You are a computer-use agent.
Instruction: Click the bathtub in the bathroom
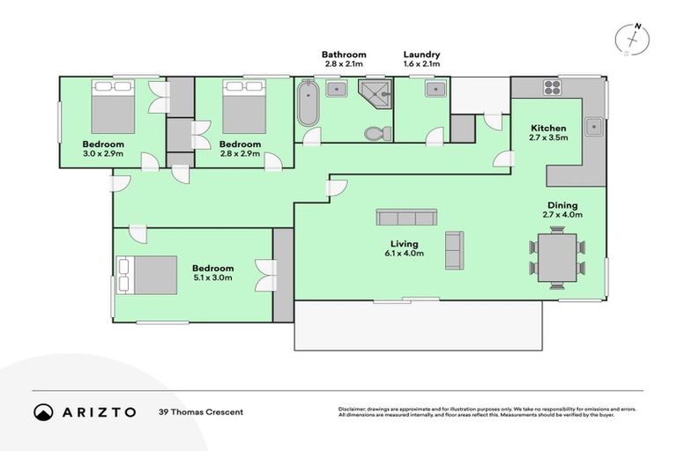pyautogui.click(x=309, y=105)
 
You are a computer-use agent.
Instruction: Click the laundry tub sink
pyautogui.click(x=435, y=89)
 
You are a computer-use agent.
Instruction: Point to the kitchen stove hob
pyautogui.click(x=553, y=86)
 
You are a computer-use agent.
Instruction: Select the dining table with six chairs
pyautogui.click(x=556, y=256)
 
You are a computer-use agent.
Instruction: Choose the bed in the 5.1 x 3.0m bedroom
pyautogui.click(x=139, y=274)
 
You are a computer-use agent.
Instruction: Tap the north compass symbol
pyautogui.click(x=632, y=40)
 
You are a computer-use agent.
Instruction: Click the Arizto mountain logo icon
pyautogui.click(x=43, y=411)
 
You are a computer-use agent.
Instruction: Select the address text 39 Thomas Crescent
pyautogui.click(x=200, y=411)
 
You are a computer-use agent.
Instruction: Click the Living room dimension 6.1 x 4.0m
pyautogui.click(x=406, y=254)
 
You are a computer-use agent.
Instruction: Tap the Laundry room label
pyautogui.click(x=421, y=55)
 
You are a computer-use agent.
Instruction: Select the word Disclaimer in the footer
pyautogui.click(x=353, y=409)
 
